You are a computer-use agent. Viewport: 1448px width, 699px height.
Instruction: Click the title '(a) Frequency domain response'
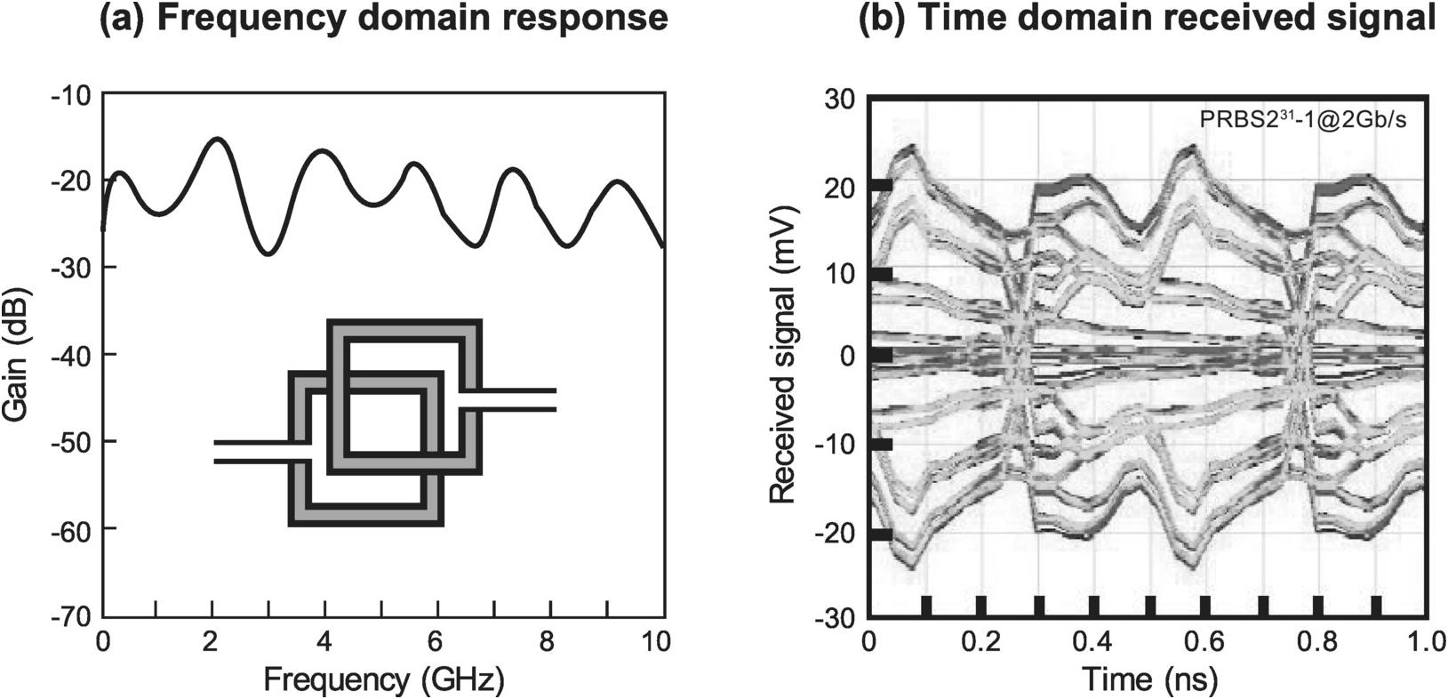(x=383, y=19)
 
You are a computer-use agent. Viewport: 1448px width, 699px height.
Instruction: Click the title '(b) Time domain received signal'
(x=1147, y=19)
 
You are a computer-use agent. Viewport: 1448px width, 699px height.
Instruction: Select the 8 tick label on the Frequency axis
(x=553, y=640)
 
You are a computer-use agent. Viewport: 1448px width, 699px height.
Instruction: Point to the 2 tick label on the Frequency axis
(x=213, y=640)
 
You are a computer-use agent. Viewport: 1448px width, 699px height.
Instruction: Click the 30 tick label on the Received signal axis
(x=839, y=97)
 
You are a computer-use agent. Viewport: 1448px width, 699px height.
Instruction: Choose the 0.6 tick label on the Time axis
(x=1204, y=640)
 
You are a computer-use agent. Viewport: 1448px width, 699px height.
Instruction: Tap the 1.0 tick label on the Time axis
(x=1424, y=640)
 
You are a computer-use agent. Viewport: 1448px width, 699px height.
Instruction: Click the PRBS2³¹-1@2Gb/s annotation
(x=1303, y=120)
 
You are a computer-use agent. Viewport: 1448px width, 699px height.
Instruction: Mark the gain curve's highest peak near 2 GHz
(x=217, y=139)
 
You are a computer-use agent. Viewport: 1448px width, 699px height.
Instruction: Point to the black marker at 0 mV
(x=881, y=355)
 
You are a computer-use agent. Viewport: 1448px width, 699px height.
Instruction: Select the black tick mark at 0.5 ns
(x=1150, y=606)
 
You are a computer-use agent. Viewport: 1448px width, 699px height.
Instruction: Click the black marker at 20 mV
(x=881, y=185)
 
